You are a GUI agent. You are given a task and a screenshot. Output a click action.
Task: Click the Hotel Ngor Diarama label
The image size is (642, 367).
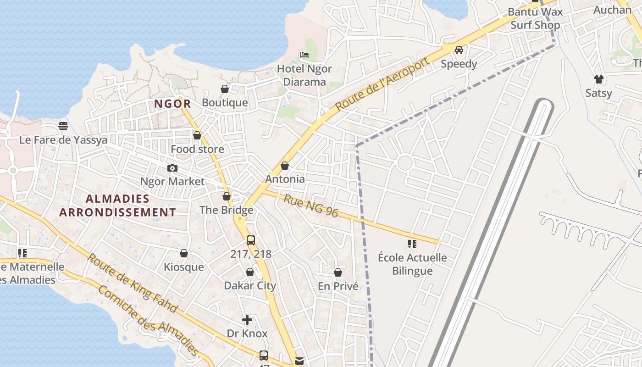pos(304,76)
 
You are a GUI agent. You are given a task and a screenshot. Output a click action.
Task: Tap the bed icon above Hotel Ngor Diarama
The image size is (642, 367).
pos(304,55)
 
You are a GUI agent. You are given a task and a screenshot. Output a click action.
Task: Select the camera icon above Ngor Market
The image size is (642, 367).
pos(172,168)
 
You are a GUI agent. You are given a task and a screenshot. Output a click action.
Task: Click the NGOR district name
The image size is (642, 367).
pos(172,104)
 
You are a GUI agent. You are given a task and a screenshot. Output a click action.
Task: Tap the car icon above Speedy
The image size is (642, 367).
pos(459,50)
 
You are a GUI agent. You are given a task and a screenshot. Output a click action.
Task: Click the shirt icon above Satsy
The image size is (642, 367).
pos(598,79)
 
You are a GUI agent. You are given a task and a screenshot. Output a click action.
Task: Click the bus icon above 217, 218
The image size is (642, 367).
pos(251,240)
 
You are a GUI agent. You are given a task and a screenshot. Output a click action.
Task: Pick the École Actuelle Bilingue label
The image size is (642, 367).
pos(412,264)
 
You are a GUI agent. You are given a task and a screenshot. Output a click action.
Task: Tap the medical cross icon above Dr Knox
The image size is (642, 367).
pos(247,320)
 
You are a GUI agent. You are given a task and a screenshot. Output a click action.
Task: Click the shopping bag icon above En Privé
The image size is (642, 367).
pos(338,272)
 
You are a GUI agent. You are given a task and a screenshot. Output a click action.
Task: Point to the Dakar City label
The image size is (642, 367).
pos(250,286)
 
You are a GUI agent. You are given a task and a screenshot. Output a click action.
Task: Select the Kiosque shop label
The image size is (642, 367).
pos(184,267)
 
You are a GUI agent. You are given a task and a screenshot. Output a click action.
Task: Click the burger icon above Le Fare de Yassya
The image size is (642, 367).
pos(63,126)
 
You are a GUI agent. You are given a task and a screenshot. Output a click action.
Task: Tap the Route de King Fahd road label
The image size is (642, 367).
pos(132,283)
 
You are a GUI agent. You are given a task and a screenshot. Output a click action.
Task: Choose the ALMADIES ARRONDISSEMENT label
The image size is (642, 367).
pos(118,206)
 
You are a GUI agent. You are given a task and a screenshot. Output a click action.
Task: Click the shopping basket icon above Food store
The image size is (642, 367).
pos(197,135)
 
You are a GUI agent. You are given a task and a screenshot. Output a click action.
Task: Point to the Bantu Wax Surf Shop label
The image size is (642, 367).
pos(535,18)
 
